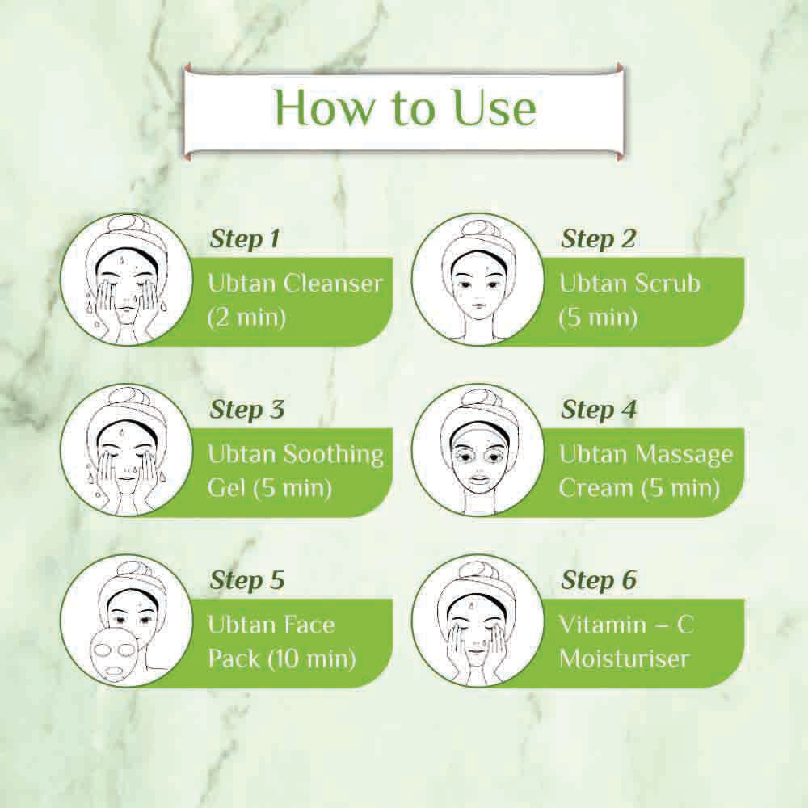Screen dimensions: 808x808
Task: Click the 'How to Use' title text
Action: (x=406, y=108)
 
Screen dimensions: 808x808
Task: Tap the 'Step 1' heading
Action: (x=244, y=239)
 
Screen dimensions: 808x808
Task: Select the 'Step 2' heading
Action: (x=598, y=239)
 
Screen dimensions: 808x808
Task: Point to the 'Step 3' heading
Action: (x=246, y=410)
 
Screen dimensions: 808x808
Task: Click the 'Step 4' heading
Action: (x=599, y=410)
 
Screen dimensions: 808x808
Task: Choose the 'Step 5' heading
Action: (x=246, y=580)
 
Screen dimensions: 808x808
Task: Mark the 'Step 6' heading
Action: (x=599, y=580)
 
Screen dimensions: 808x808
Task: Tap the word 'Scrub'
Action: (x=667, y=284)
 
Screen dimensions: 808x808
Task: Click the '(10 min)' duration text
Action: (x=311, y=659)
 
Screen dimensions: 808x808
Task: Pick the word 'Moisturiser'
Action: (x=624, y=659)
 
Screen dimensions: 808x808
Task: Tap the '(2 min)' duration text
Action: (x=246, y=318)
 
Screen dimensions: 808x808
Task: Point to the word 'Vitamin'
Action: (x=603, y=625)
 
